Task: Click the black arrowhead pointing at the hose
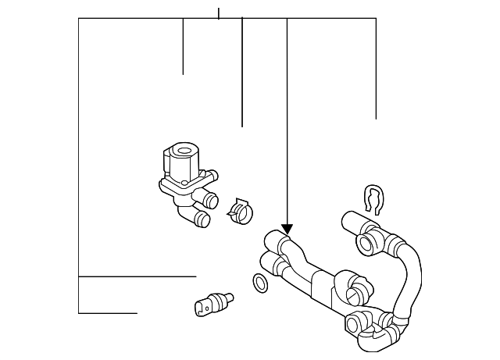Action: [287, 229]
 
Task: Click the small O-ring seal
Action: [261, 283]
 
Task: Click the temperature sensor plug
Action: [212, 302]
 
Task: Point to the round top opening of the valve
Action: [184, 151]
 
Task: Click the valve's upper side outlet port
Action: [212, 177]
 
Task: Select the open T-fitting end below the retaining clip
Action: [366, 244]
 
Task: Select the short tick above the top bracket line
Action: [219, 13]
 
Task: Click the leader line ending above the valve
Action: [183, 73]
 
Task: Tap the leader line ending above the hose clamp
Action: [242, 125]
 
